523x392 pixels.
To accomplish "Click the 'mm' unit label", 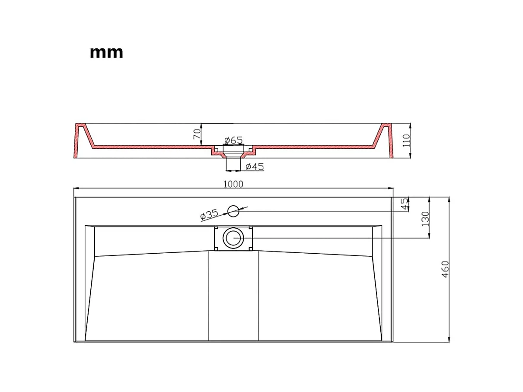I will point(106,53).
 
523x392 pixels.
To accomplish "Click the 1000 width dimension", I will point(233,184).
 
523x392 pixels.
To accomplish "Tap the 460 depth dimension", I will point(445,269).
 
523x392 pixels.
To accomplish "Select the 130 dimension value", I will point(425,219).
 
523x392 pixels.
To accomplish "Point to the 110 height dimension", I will point(406,140).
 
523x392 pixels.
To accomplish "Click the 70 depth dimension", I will point(197,134).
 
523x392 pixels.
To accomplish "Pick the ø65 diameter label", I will point(233,140).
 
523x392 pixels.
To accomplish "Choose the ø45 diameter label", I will point(255,167).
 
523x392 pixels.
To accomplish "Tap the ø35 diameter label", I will point(209,214).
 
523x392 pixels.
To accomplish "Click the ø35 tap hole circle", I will point(233,211).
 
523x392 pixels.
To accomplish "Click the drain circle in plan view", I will point(233,238).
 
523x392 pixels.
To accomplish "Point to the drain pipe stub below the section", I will point(233,163).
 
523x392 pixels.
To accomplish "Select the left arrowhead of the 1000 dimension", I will point(76,188).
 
